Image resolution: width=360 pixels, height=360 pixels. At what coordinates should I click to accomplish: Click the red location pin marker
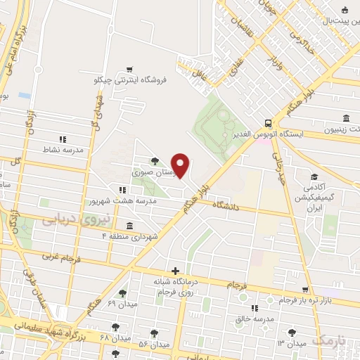coord(181,165)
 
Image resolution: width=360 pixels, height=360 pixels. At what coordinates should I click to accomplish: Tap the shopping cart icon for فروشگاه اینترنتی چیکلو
coord(129,69)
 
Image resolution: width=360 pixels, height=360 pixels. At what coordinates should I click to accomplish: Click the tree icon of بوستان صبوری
coord(155,160)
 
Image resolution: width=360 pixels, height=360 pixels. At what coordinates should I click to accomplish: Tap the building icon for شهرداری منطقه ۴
coord(129,225)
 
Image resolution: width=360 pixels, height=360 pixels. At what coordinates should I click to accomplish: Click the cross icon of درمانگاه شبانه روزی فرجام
coord(175,271)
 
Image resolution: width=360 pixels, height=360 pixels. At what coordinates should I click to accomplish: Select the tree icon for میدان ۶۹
coord(122,292)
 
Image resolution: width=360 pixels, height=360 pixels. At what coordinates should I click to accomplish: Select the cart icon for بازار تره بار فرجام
coord(305,289)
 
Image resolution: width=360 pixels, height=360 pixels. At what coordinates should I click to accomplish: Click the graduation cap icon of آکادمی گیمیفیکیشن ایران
coord(314,176)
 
